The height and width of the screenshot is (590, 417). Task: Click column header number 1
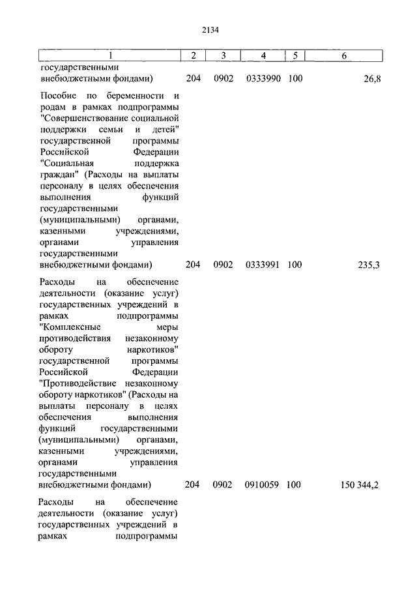pyautogui.click(x=109, y=55)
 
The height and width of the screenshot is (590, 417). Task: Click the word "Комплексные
pyautogui.click(x=69, y=328)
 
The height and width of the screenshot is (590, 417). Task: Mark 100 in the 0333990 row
pyautogui.click(x=295, y=79)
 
